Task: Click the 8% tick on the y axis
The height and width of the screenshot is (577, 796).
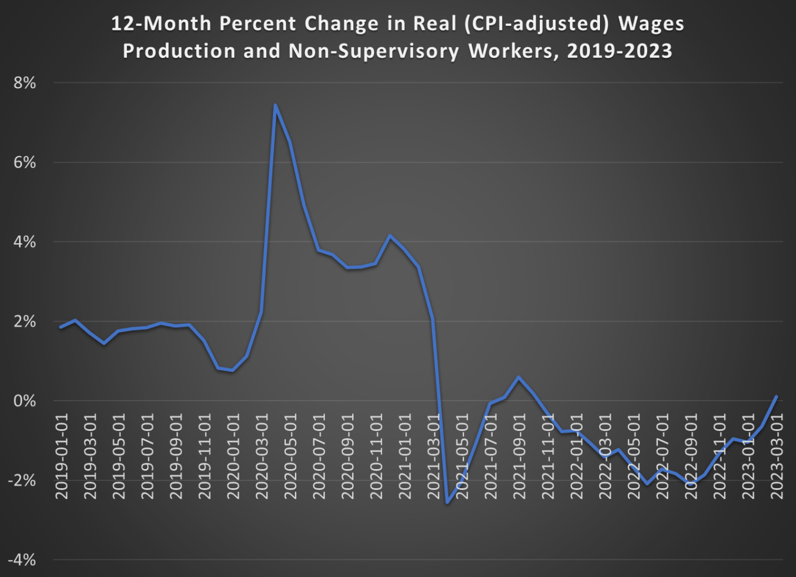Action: pyautogui.click(x=25, y=83)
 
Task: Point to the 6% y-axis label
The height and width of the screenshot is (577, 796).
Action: pyautogui.click(x=25, y=162)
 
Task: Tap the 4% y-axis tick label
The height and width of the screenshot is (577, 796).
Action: pyautogui.click(x=25, y=242)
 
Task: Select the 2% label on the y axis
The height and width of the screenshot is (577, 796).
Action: pyautogui.click(x=25, y=321)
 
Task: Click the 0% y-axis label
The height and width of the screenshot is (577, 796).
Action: pyautogui.click(x=25, y=401)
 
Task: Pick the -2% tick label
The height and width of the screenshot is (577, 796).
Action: pyautogui.click(x=23, y=480)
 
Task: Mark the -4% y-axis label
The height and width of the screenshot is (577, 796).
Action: pyautogui.click(x=23, y=560)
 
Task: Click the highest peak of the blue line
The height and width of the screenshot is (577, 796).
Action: pyautogui.click(x=275, y=106)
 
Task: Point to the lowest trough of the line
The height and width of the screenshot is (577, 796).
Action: pyautogui.click(x=447, y=502)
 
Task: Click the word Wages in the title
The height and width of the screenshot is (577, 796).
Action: pyautogui.click(x=651, y=24)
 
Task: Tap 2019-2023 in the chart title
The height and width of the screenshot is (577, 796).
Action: pyautogui.click(x=620, y=51)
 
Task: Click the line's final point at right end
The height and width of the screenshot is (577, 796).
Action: pyautogui.click(x=776, y=396)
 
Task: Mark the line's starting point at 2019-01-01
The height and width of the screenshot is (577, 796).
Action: pyautogui.click(x=61, y=327)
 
